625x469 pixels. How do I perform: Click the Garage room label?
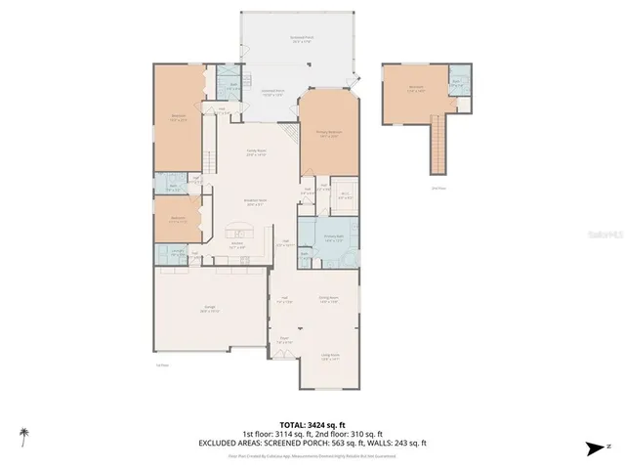click(x=210, y=310)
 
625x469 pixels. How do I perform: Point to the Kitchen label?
click(x=237, y=245)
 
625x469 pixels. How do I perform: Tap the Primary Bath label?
click(x=334, y=236)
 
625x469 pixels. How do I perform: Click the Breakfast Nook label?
click(x=256, y=203)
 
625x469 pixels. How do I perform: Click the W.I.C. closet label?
click(x=345, y=194)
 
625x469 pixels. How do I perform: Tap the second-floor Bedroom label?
click(x=416, y=88)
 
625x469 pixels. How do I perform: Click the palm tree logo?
click(x=22, y=433)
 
